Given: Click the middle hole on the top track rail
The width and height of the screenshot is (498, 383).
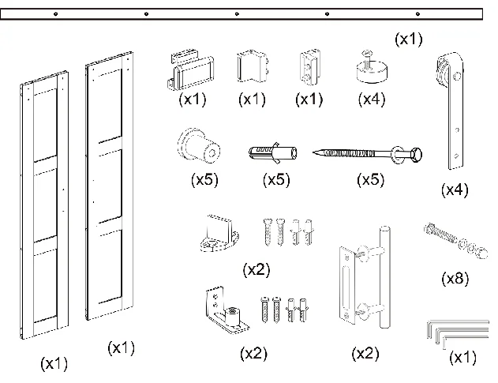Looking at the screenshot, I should [x=238, y=14].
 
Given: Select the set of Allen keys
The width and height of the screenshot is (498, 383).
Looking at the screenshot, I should [x=441, y=332].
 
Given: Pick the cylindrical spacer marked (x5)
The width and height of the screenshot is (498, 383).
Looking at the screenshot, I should [x=201, y=146].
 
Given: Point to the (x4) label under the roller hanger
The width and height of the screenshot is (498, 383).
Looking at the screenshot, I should [x=455, y=190].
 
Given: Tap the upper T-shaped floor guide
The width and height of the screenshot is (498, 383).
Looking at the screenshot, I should [x=219, y=233].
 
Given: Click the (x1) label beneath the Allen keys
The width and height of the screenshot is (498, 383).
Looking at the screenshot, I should [x=462, y=358].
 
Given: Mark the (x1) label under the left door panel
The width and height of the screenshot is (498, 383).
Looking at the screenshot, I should [x=54, y=364].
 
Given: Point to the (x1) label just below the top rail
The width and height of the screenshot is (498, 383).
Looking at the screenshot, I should [x=408, y=38].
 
